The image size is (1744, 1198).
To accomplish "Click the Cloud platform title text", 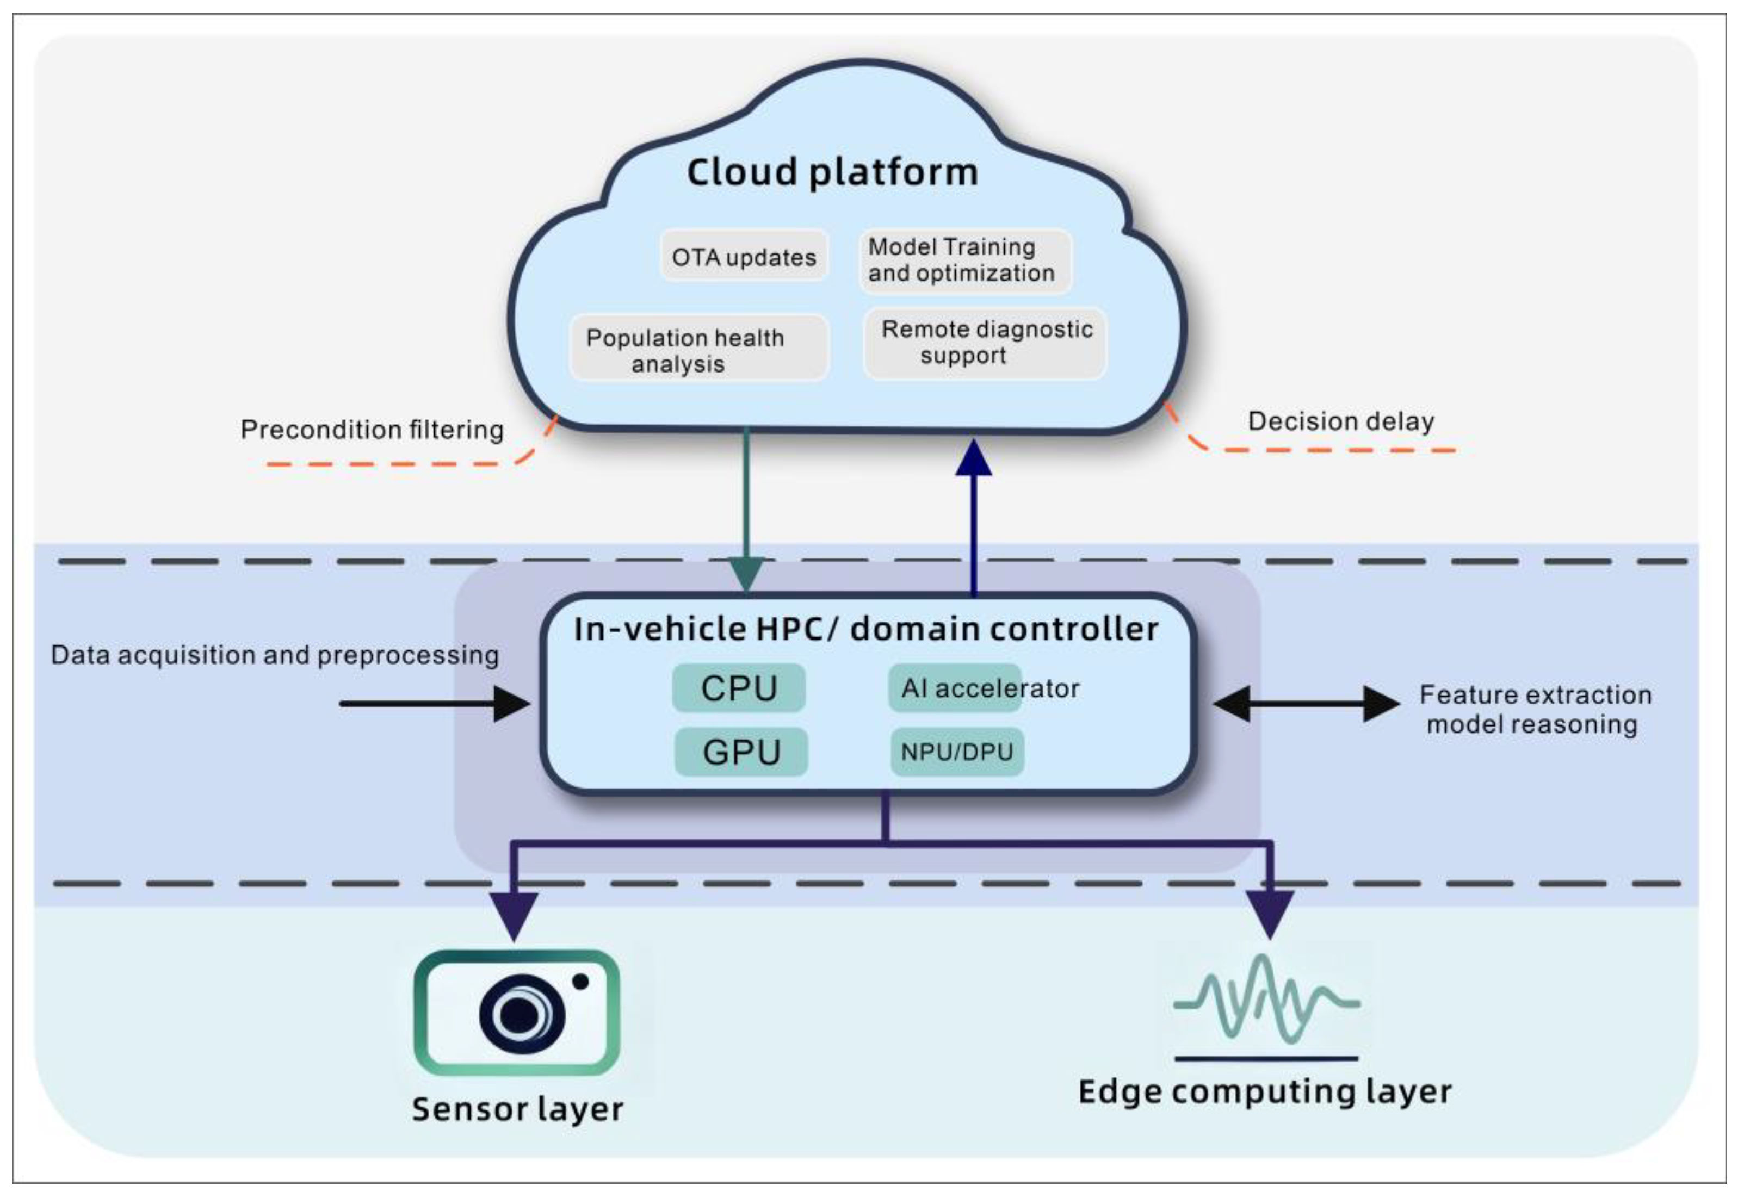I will point(832,172).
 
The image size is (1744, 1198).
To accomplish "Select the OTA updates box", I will point(743,257).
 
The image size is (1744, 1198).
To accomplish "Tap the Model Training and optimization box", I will point(964,260).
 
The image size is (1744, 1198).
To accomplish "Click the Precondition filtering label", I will point(372,430).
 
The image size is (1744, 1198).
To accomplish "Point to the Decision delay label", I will point(1340,421).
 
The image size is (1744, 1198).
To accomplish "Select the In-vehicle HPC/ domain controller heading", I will point(865,629).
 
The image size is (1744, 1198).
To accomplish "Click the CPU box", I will point(739,687).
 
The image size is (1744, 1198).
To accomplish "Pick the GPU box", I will point(741,752).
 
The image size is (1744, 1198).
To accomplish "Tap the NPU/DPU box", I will point(956,752).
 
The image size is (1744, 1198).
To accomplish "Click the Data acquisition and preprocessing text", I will point(275,655).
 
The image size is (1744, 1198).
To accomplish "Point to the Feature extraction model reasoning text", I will point(1534,709).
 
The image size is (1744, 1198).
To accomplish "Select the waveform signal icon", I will point(1266,1000).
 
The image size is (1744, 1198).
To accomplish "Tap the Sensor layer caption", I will point(517,1109).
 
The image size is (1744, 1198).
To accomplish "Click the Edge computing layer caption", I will point(1264,1091).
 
